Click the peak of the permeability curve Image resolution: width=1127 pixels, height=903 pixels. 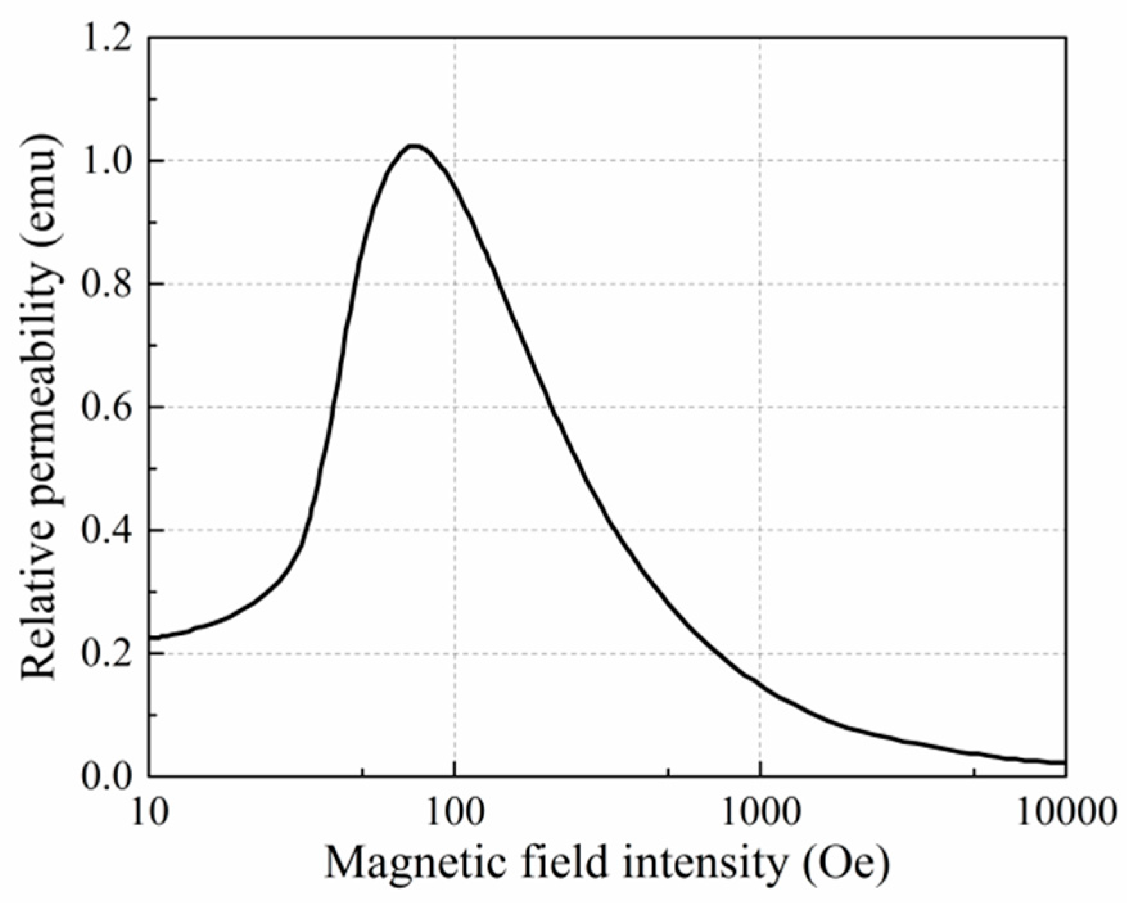point(414,146)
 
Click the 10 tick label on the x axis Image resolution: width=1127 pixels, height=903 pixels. point(149,814)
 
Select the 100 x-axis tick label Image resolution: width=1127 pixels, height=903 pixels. point(455,814)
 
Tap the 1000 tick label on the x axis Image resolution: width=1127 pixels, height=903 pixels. point(760,814)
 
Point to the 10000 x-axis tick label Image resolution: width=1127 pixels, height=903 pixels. point(1066,814)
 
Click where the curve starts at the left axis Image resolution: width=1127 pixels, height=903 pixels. point(150,638)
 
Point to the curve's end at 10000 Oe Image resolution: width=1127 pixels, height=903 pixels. point(1065,762)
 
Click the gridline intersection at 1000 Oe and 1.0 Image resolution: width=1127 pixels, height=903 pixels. point(760,161)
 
